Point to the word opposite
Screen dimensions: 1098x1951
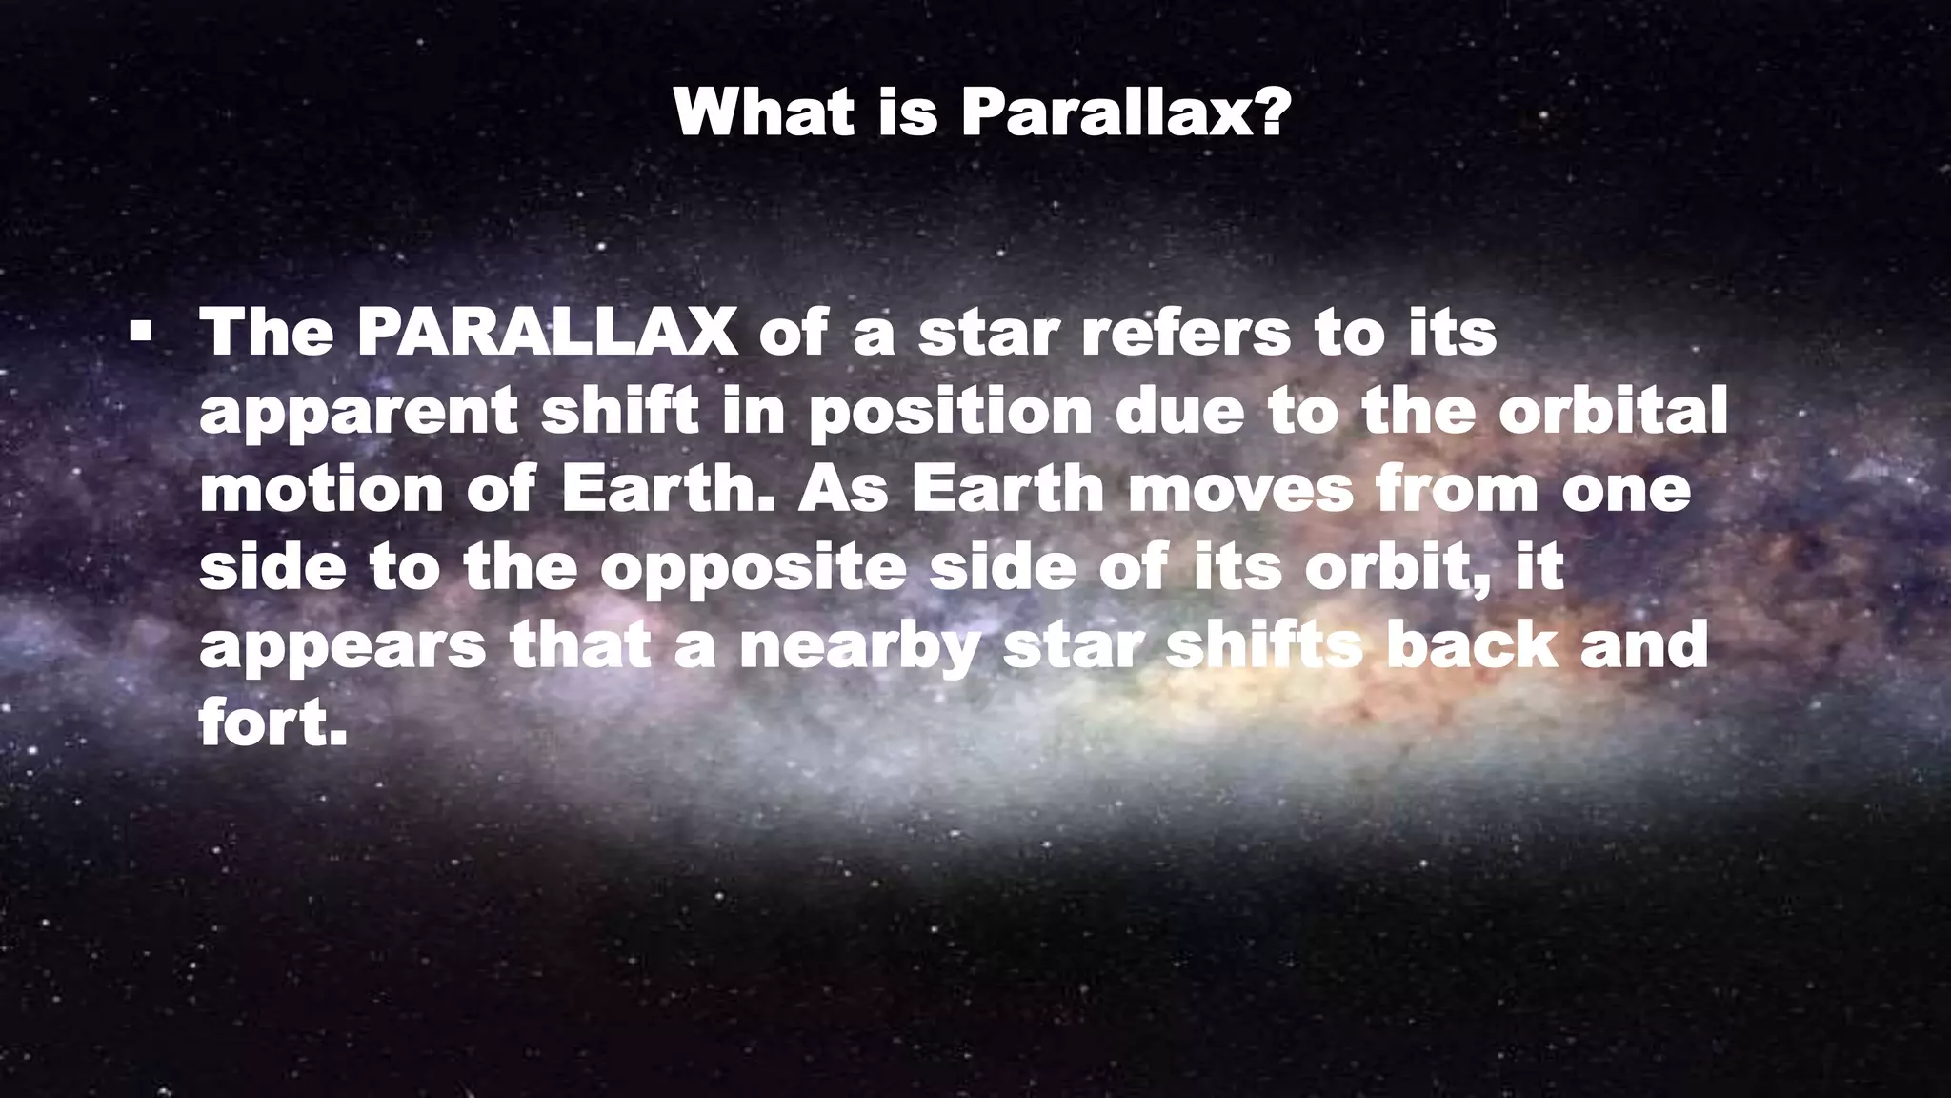[753, 568]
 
